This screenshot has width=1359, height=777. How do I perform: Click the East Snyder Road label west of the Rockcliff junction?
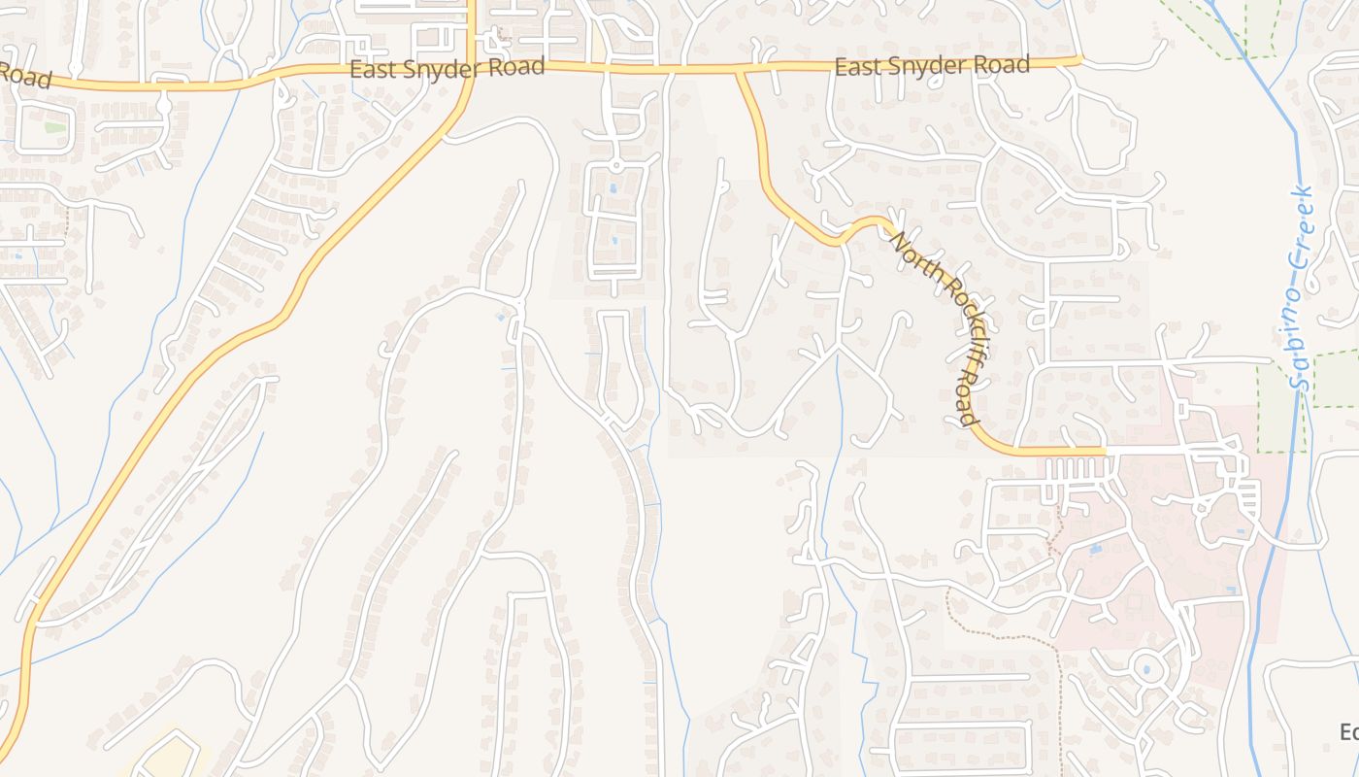pyautogui.click(x=447, y=69)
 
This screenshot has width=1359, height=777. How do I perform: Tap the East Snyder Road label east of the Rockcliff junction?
pyautogui.click(x=932, y=66)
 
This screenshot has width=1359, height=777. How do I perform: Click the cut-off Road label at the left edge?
pyautogui.click(x=24, y=75)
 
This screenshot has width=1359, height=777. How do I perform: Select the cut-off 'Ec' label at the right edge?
pyautogui.click(x=1349, y=731)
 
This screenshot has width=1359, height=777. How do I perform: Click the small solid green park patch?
pyautogui.click(x=56, y=127)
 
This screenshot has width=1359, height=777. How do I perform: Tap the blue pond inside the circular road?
pyautogui.click(x=1146, y=668)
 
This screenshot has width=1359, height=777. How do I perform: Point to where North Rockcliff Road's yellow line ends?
pyautogui.click(x=1104, y=452)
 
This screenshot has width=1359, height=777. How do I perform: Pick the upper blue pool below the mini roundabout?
pyautogui.click(x=613, y=187)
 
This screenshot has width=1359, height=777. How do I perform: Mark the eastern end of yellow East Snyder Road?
pyautogui.click(x=1079, y=61)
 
